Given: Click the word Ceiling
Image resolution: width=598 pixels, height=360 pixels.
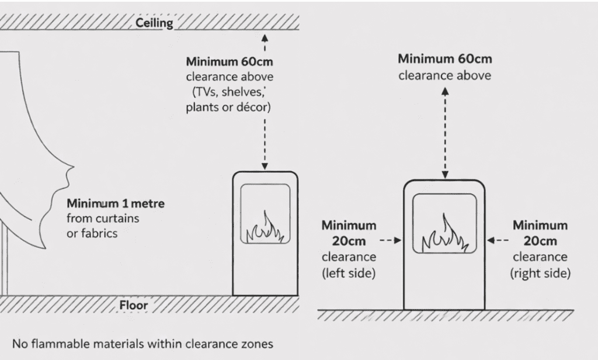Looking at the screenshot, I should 154,23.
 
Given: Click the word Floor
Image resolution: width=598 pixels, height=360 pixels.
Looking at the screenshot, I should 134,304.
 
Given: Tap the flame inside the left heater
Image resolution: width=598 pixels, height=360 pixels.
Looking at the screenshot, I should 265,229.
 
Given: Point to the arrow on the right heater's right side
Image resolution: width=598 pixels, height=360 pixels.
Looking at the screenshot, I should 491,240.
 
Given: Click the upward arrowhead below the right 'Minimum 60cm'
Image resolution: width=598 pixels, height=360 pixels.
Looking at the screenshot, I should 446,92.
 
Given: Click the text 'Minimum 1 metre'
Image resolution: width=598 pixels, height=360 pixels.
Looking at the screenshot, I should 116,205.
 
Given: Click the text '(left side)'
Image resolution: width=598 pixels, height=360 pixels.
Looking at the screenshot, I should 349,272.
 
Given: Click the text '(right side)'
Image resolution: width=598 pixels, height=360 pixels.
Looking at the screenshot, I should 540,272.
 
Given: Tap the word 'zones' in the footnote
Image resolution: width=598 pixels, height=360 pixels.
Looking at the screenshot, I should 258,342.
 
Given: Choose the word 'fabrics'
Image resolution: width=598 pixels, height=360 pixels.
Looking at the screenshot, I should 100,233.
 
